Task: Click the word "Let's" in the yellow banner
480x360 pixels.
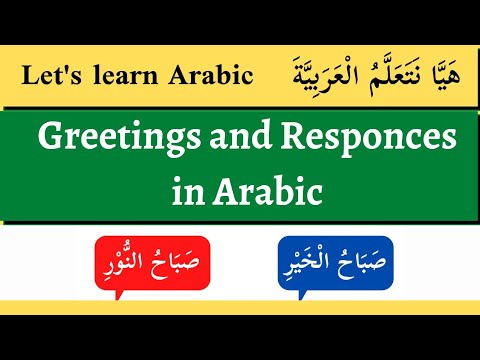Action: pos(48,76)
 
